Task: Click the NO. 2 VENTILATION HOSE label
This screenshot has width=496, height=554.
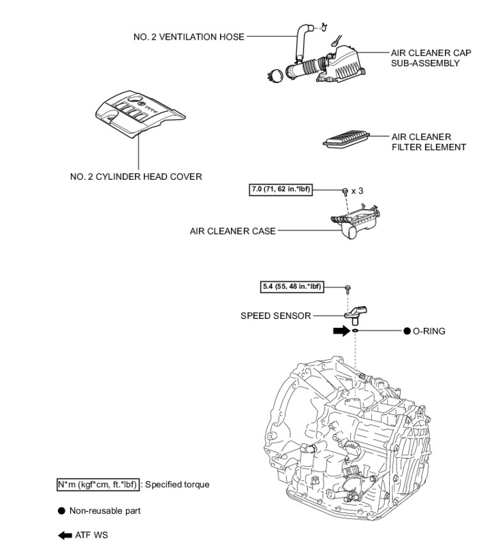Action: pyautogui.click(x=189, y=37)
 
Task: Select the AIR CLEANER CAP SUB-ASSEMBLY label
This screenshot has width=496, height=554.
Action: pyautogui.click(x=425, y=57)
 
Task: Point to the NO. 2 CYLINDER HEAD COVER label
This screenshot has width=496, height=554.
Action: pyautogui.click(x=136, y=176)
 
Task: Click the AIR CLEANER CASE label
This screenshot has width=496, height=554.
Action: pyautogui.click(x=232, y=231)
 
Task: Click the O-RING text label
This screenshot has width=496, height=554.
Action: pyautogui.click(x=429, y=330)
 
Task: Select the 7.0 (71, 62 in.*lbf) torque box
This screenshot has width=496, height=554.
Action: pyautogui.click(x=281, y=189)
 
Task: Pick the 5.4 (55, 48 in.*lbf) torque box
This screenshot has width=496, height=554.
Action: pyautogui.click(x=291, y=287)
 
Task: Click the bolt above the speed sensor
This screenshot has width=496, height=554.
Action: pyautogui.click(x=348, y=288)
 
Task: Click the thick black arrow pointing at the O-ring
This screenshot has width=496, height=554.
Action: pyautogui.click(x=340, y=331)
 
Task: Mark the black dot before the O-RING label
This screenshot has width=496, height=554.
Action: pyautogui.click(x=407, y=330)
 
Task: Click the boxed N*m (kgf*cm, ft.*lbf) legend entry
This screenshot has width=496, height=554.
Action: pyautogui.click(x=99, y=484)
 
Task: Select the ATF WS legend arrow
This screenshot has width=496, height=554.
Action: pyautogui.click(x=65, y=535)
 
